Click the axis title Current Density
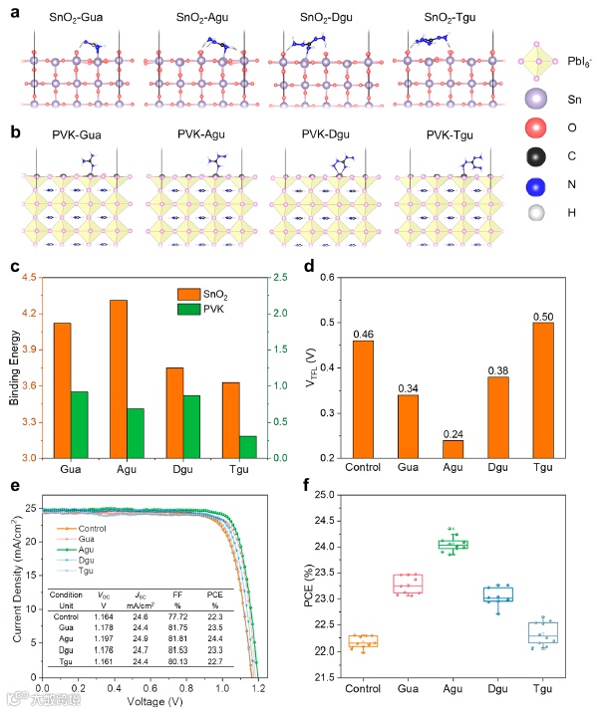coord(11,588)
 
